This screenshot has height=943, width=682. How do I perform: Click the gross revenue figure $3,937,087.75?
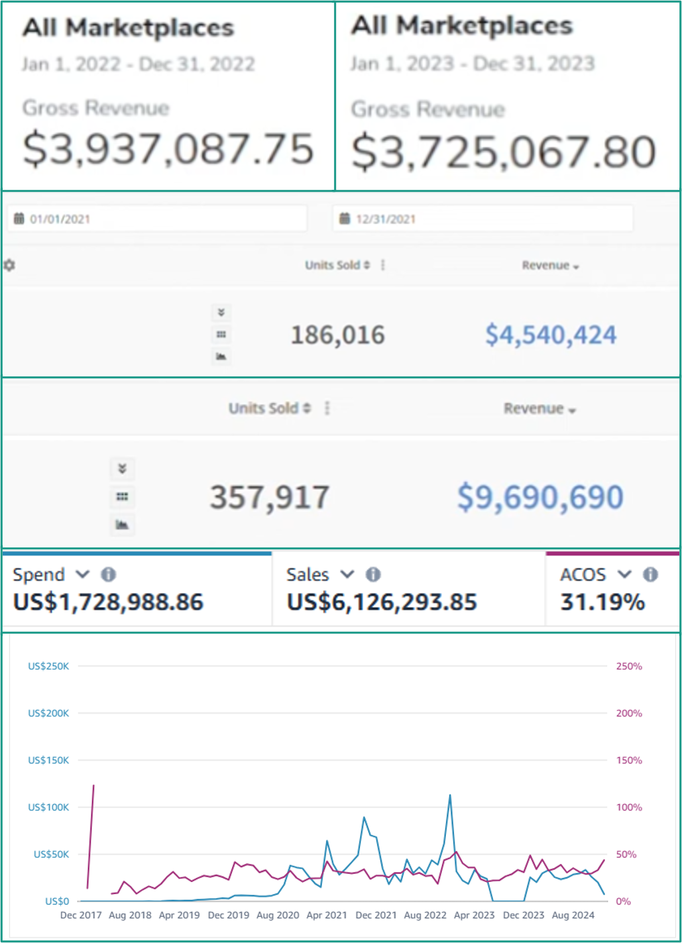[168, 149]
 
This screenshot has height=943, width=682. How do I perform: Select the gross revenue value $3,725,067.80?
[504, 152]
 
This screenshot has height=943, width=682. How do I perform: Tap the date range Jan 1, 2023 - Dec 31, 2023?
[472, 64]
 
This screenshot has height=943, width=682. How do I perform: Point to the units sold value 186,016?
[338, 335]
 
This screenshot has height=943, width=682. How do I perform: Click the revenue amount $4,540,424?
[551, 335]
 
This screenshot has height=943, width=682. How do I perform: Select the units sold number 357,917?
[270, 497]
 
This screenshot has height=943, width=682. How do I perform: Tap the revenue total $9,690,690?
[540, 497]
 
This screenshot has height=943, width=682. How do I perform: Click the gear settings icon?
[9, 265]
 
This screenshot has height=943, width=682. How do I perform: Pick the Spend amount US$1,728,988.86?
[108, 602]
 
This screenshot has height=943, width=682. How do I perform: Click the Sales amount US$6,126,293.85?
[382, 602]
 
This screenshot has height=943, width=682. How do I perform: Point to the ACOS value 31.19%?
[602, 602]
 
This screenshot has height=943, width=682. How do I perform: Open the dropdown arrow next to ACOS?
[624, 574]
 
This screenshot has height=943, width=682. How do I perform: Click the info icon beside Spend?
[108, 574]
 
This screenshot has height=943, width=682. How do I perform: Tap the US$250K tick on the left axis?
[48, 666]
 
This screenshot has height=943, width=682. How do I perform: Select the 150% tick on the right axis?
[629, 760]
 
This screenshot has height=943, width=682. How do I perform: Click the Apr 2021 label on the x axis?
[327, 915]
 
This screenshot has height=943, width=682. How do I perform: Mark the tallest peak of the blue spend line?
[450, 796]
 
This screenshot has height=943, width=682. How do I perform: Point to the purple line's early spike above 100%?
[93, 785]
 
